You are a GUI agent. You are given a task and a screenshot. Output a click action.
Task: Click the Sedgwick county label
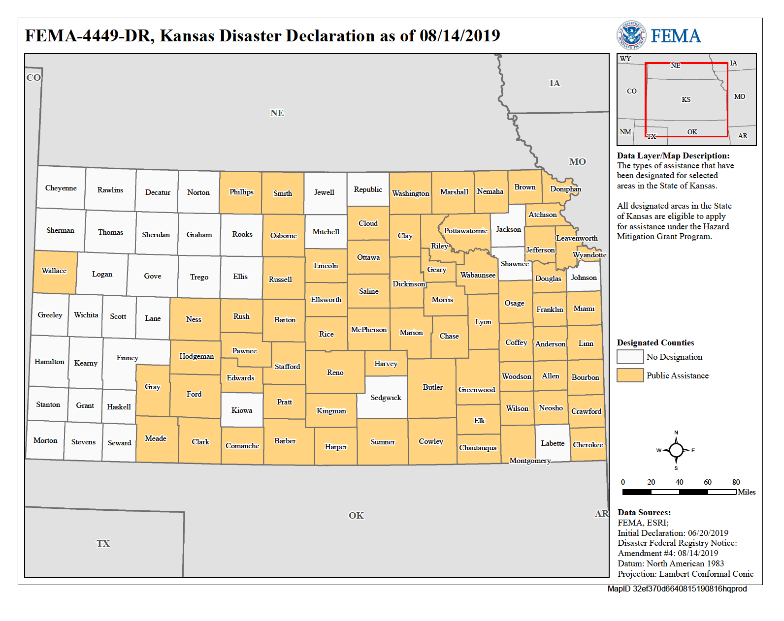coord(386,398)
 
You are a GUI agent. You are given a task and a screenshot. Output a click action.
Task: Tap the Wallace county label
coord(54,271)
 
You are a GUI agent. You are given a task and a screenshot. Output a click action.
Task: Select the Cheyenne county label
coord(61,188)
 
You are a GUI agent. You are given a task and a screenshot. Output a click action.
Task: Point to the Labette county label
coord(553,443)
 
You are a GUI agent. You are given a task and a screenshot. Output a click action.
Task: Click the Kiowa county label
coord(242,410)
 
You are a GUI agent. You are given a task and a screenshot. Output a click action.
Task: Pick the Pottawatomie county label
coord(465,231)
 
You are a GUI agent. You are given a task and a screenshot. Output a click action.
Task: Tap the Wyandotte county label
coord(589,255)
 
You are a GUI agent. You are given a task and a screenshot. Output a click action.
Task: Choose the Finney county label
coord(127,358)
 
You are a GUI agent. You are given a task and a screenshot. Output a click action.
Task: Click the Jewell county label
coord(324,192)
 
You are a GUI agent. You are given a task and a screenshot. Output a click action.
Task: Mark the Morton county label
coord(45,440)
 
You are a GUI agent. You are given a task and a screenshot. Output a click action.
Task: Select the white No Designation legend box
coord(630,357)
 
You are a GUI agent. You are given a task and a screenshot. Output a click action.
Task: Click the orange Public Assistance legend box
coord(630,375)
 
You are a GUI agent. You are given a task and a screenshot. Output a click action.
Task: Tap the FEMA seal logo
coord(631,35)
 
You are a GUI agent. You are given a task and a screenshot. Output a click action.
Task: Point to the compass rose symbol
coord(676,450)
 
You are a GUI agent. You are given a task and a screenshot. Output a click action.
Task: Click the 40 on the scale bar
coord(679,482)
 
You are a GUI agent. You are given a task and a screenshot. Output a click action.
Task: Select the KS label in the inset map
coord(686,99)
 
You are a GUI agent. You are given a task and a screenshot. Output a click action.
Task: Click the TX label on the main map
coord(103,544)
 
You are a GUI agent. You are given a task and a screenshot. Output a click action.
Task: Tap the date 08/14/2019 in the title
coord(459,36)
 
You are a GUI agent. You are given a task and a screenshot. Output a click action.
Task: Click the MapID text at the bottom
coord(677,589)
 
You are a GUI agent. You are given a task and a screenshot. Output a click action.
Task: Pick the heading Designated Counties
coord(655,342)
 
